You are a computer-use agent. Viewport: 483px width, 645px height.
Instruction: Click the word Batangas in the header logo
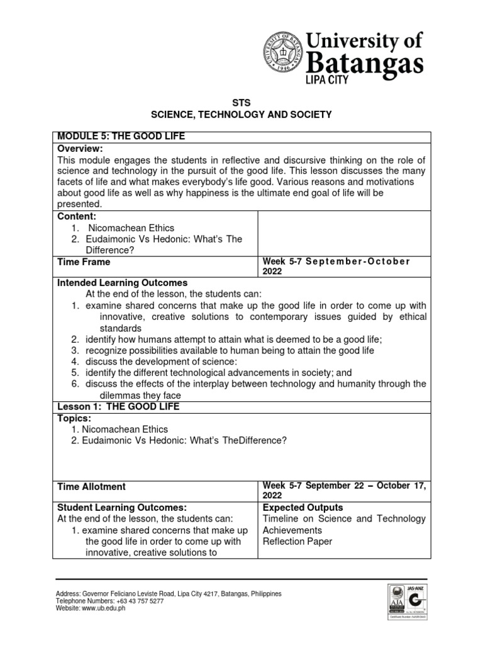(x=365, y=64)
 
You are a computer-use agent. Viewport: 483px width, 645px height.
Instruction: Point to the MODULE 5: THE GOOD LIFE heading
(x=121, y=137)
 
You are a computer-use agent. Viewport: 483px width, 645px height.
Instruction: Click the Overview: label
(x=80, y=148)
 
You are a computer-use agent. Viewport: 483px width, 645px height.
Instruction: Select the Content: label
(x=78, y=216)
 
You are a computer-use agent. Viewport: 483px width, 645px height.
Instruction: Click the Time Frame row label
(x=84, y=262)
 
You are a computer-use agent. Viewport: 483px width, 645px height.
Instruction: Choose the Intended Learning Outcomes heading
(x=122, y=283)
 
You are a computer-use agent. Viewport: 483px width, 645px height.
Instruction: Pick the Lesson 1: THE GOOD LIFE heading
(x=118, y=407)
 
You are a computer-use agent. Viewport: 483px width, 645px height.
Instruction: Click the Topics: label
(x=75, y=418)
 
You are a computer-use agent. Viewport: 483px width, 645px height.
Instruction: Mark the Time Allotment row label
(x=91, y=486)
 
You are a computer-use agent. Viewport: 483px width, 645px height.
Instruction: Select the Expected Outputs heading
(x=303, y=507)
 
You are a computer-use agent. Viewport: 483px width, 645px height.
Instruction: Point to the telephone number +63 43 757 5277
(x=136, y=602)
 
